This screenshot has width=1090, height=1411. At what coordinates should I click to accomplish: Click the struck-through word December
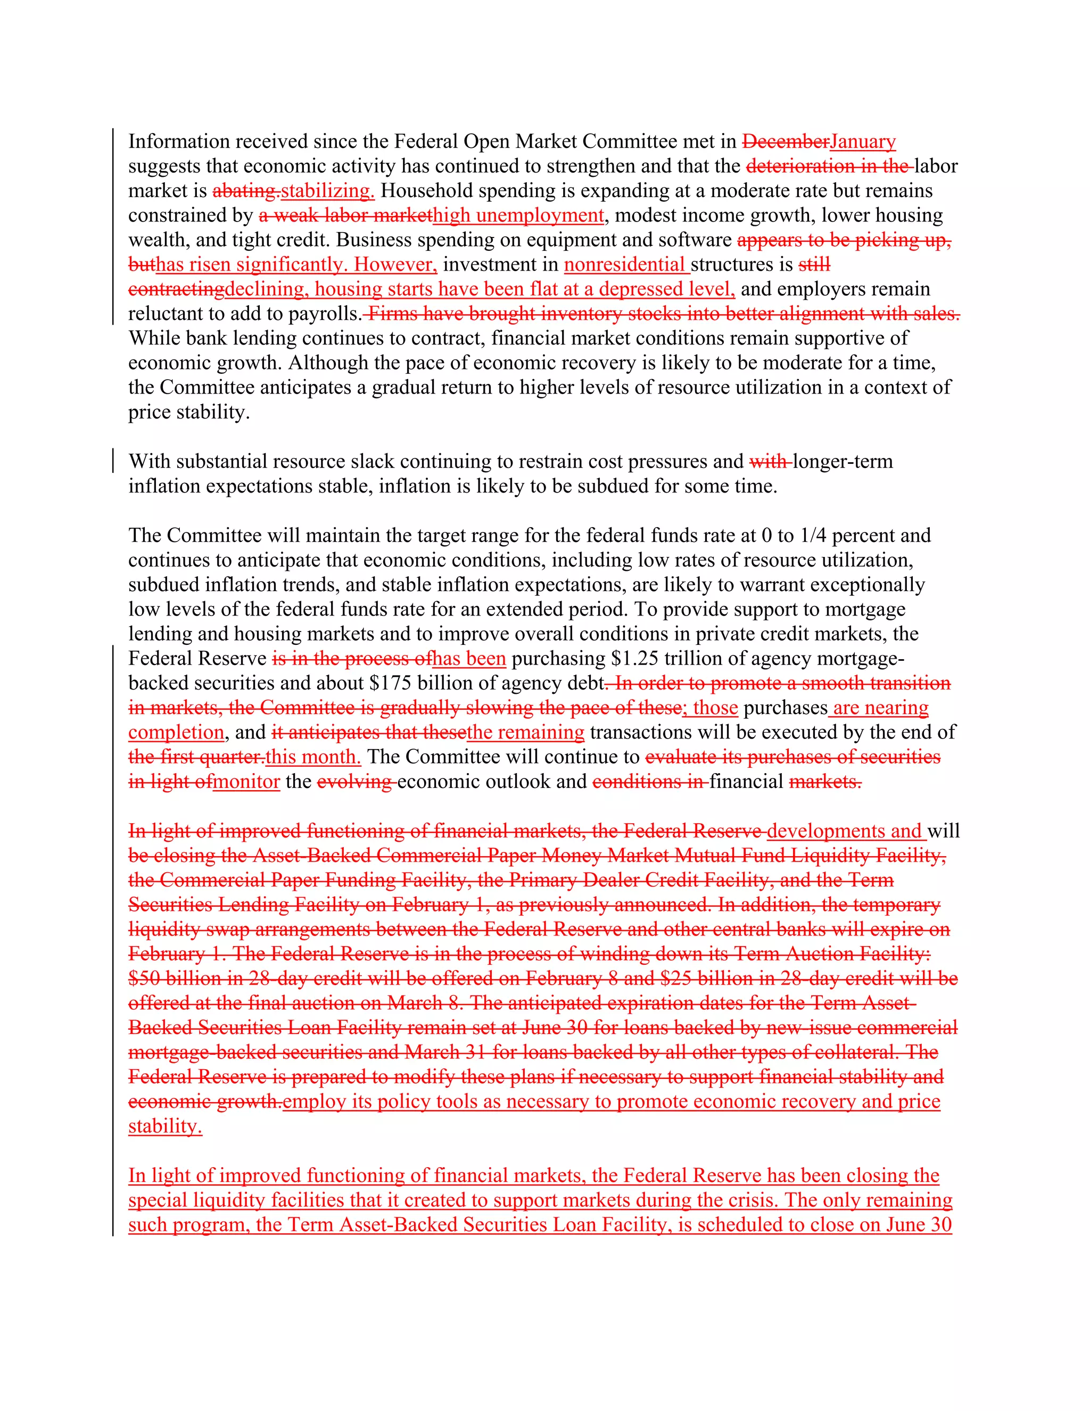pyautogui.click(x=785, y=142)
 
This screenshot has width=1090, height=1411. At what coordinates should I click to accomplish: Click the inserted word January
pyautogui.click(x=863, y=142)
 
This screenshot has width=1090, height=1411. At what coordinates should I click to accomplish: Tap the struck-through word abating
pyautogui.click(x=246, y=191)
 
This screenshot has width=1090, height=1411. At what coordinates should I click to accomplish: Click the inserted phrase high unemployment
pyautogui.click(x=518, y=216)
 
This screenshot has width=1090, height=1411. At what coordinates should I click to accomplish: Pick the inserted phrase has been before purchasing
pyautogui.click(x=469, y=659)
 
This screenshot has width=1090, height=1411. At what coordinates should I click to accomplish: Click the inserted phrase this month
pyautogui.click(x=312, y=757)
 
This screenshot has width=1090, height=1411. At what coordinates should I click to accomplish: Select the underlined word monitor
pyautogui.click(x=246, y=782)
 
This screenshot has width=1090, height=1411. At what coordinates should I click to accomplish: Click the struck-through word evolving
pyautogui.click(x=354, y=782)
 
